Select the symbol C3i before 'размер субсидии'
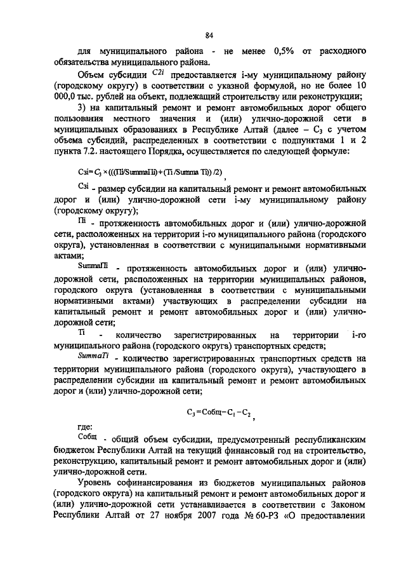point(83,186)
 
